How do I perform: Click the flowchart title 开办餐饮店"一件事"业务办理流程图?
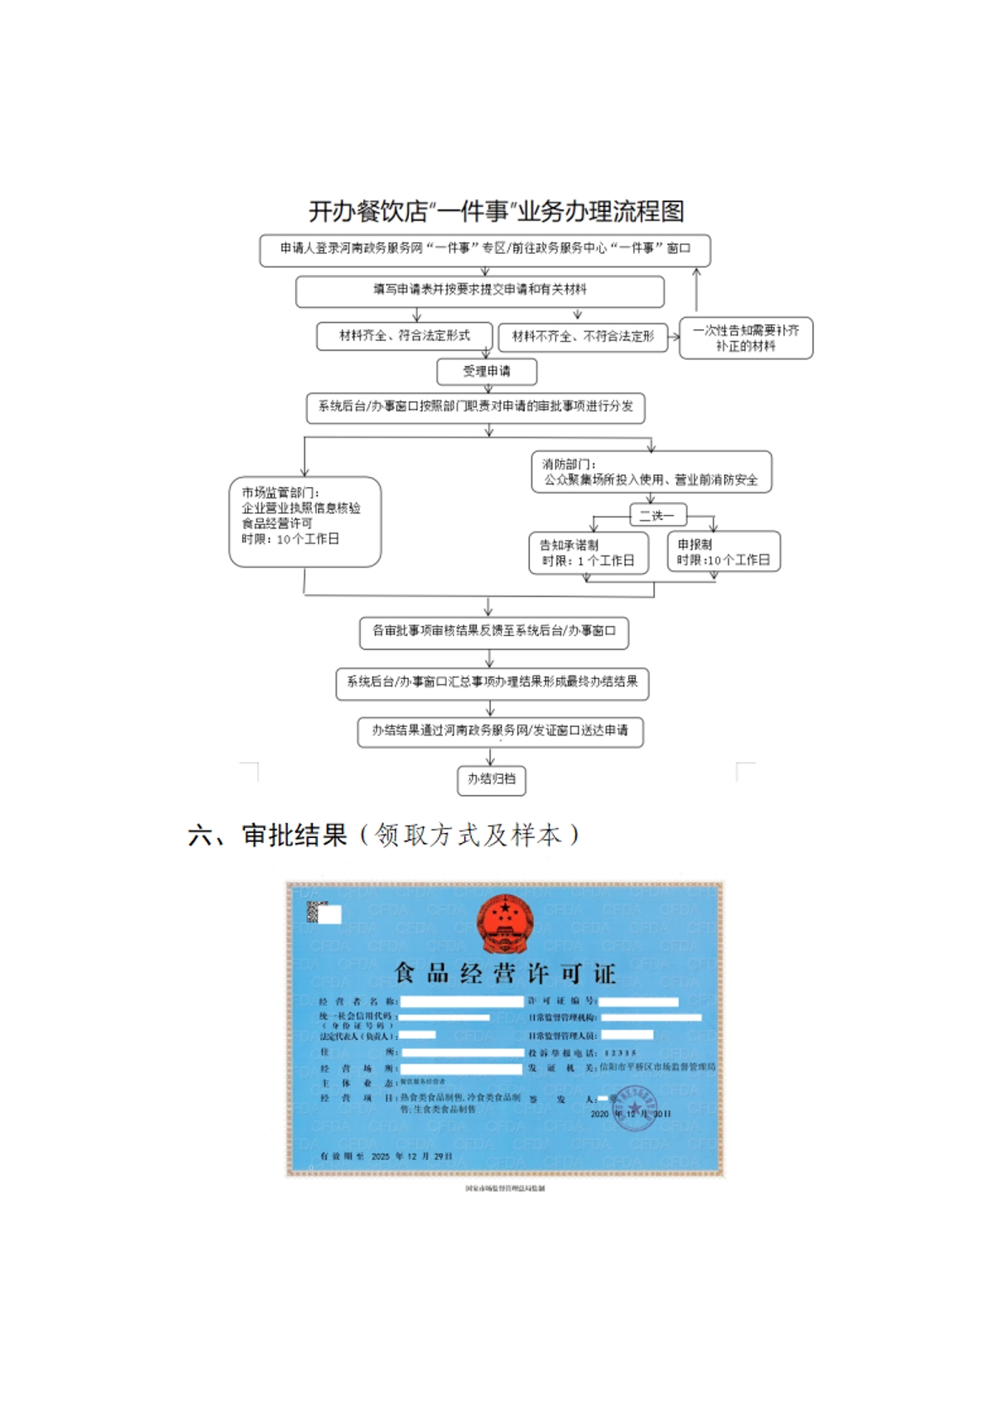[x=496, y=211]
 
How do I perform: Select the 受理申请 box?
[x=486, y=371]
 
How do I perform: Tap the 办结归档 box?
[x=491, y=779]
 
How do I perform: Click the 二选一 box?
[x=657, y=515]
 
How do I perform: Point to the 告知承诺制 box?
[x=588, y=553]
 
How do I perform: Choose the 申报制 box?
[x=723, y=552]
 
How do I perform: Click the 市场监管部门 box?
[x=304, y=522]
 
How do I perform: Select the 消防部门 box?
[x=650, y=472]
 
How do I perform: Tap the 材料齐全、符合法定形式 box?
[x=405, y=336]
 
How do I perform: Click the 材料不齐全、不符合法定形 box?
[x=583, y=337]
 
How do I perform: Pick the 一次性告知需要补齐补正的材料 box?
[x=745, y=338]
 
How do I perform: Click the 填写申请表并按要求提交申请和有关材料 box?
[x=479, y=290]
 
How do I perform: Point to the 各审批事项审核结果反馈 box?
[x=494, y=632]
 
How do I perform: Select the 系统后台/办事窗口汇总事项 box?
[x=492, y=682]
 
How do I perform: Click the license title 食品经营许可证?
[x=505, y=973]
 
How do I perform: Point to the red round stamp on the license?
[x=635, y=1106]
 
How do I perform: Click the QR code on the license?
[x=315, y=912]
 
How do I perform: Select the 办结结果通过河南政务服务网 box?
[x=500, y=731]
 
